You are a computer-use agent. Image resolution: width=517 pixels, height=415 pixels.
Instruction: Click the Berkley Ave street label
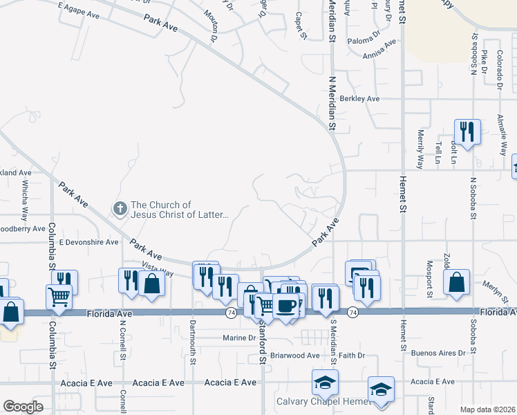[x=360, y=99]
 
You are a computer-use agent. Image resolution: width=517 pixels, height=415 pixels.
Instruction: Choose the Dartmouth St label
[x=193, y=343]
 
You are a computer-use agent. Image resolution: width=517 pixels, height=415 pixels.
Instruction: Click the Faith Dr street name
[x=351, y=356]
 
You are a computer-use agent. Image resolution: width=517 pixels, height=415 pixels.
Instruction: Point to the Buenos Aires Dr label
[x=439, y=353]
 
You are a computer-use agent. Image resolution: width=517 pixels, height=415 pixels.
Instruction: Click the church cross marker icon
[x=119, y=208]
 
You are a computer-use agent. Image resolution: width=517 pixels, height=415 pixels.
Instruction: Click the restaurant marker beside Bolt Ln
[x=467, y=131]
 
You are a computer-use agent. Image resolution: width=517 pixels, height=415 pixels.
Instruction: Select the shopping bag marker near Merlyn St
[x=456, y=282]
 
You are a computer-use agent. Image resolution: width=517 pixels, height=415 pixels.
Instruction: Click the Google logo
[x=23, y=407]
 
